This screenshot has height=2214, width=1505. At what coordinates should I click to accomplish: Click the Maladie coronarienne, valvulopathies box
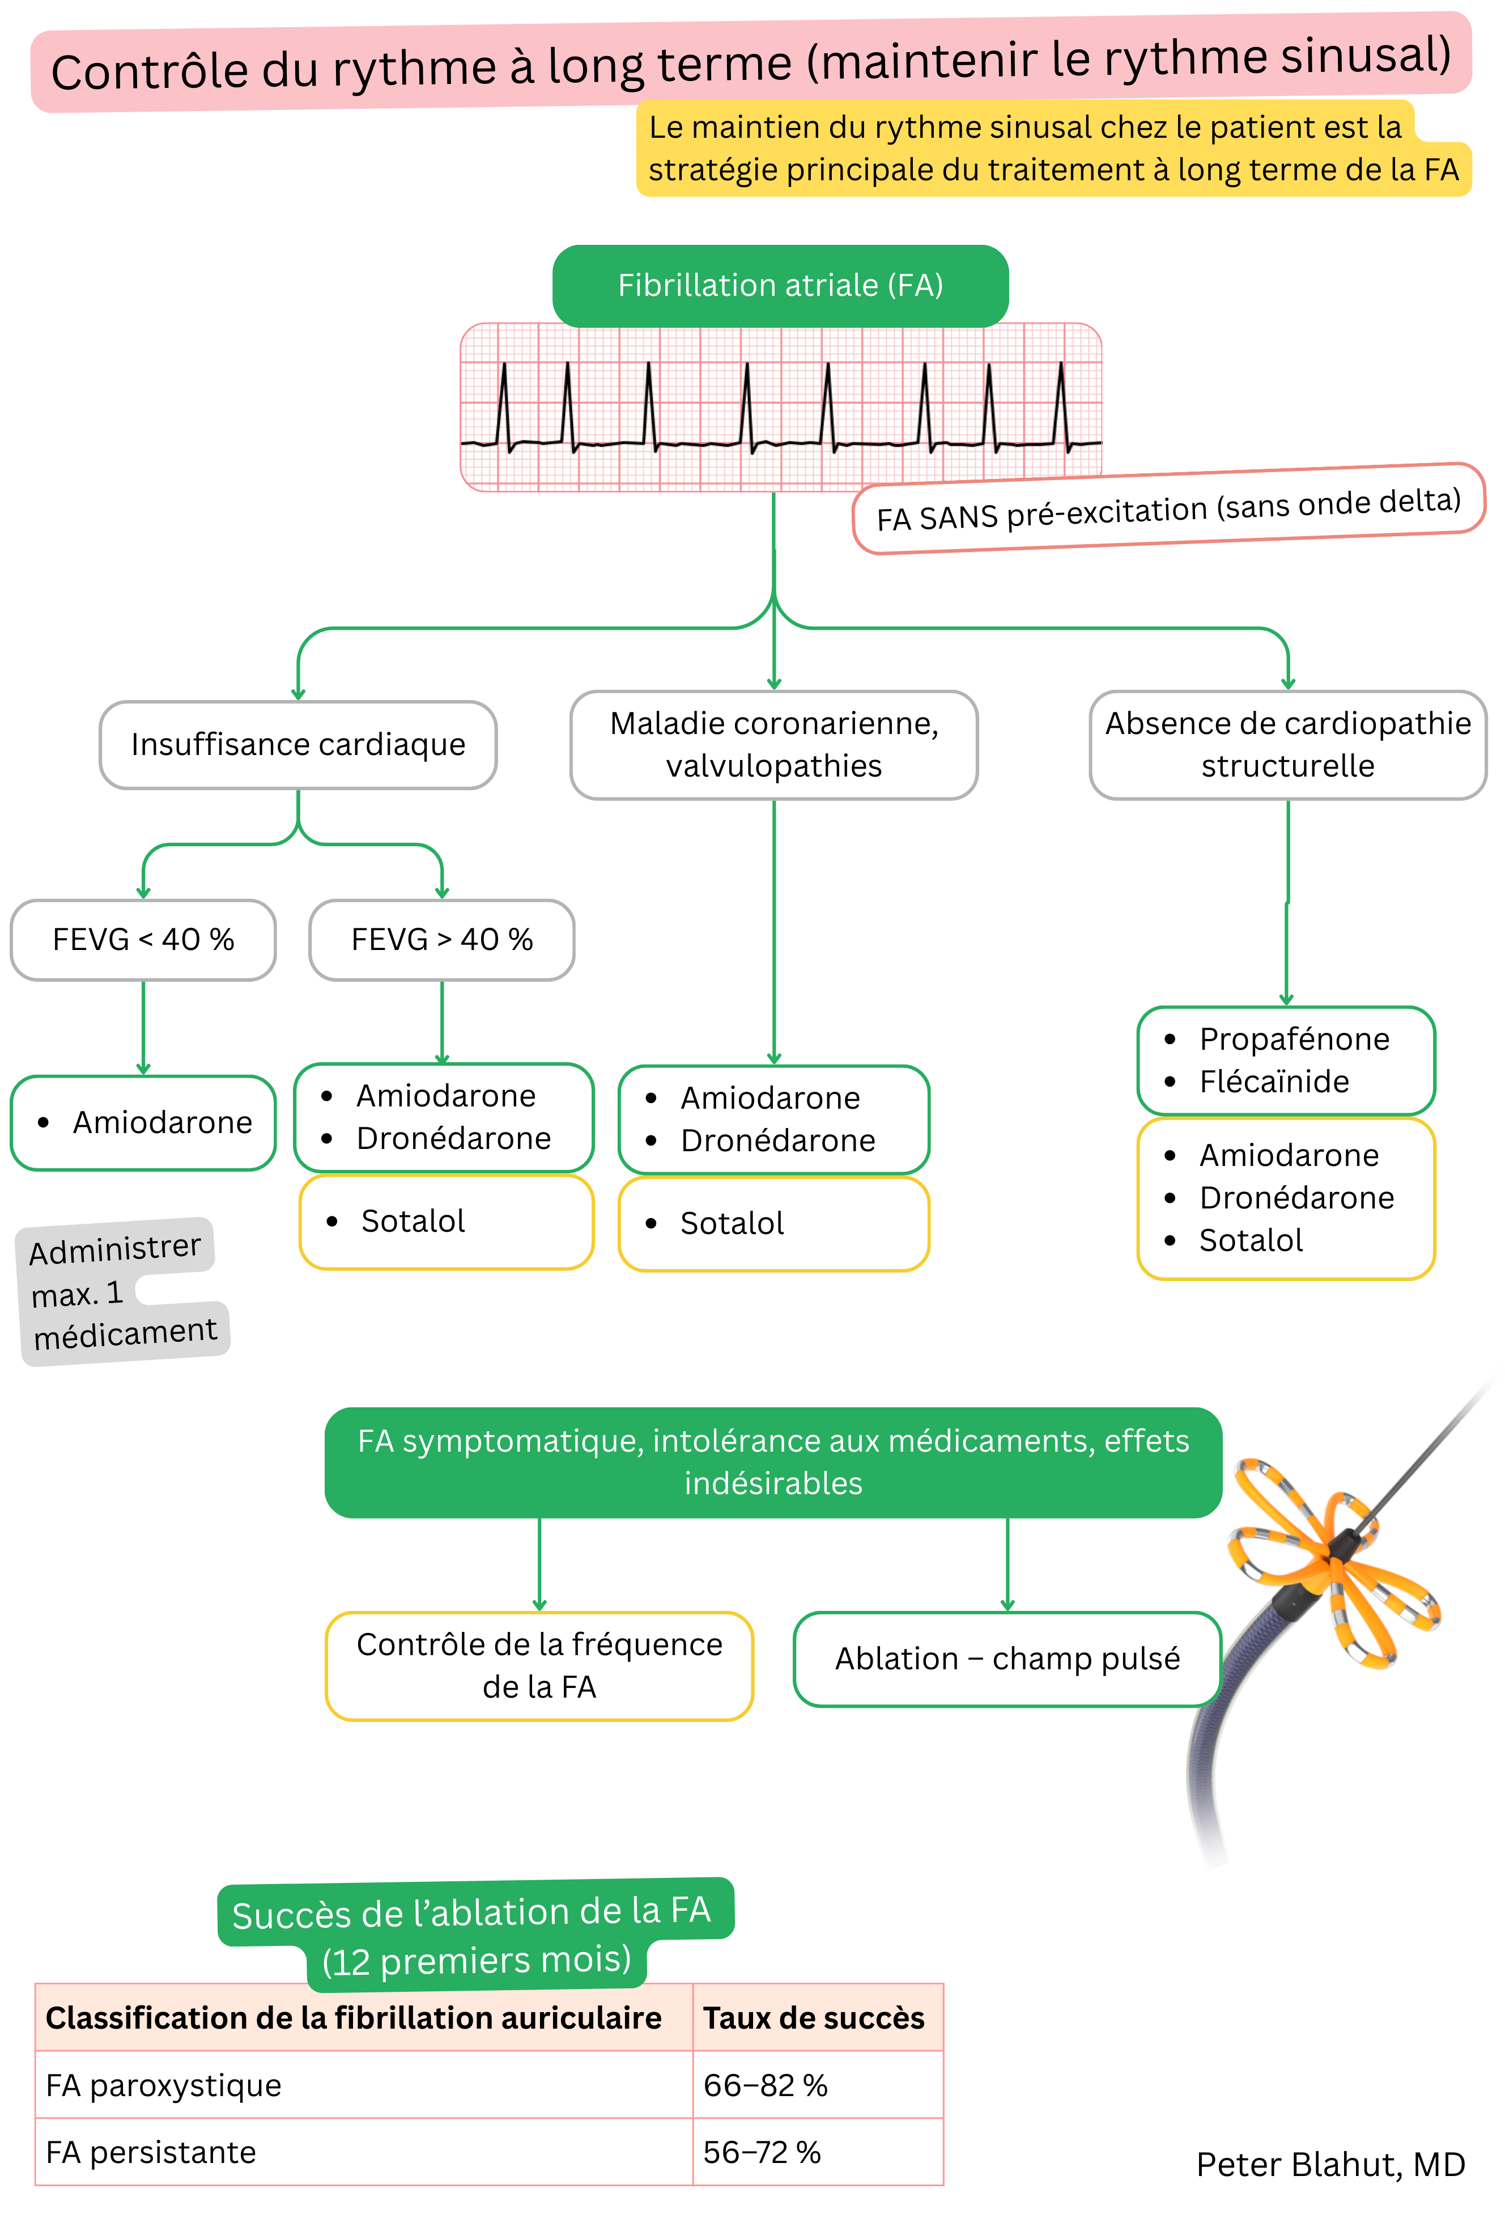(773, 745)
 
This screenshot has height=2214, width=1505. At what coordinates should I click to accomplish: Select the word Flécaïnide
(1274, 1082)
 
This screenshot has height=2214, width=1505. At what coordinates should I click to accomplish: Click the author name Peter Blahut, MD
(1330, 2165)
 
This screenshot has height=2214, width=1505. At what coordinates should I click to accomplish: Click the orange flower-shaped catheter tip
(1333, 1562)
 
